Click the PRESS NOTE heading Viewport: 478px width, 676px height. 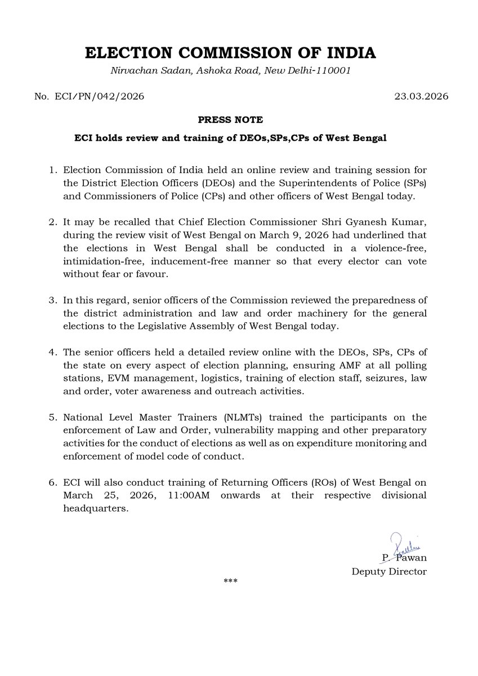[x=230, y=120]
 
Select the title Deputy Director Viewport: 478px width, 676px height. [x=389, y=572]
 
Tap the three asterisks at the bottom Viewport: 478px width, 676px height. [x=230, y=581]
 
